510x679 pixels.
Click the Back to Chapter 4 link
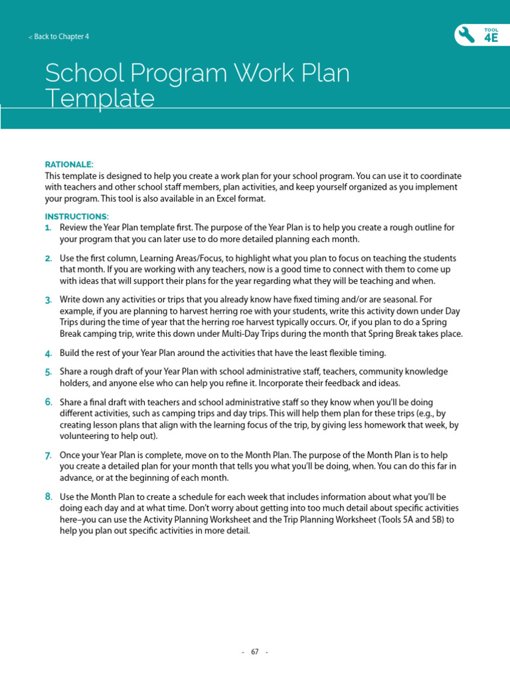[58, 37]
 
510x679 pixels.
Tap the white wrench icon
[467, 36]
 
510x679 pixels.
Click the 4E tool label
[491, 38]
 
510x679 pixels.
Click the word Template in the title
[100, 99]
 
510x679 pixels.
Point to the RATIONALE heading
[69, 164]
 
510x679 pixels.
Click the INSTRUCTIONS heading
[76, 217]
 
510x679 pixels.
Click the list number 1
[48, 227]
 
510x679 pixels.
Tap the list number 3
[48, 300]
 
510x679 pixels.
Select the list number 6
[48, 402]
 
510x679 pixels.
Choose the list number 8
[48, 496]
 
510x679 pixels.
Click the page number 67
[255, 652]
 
